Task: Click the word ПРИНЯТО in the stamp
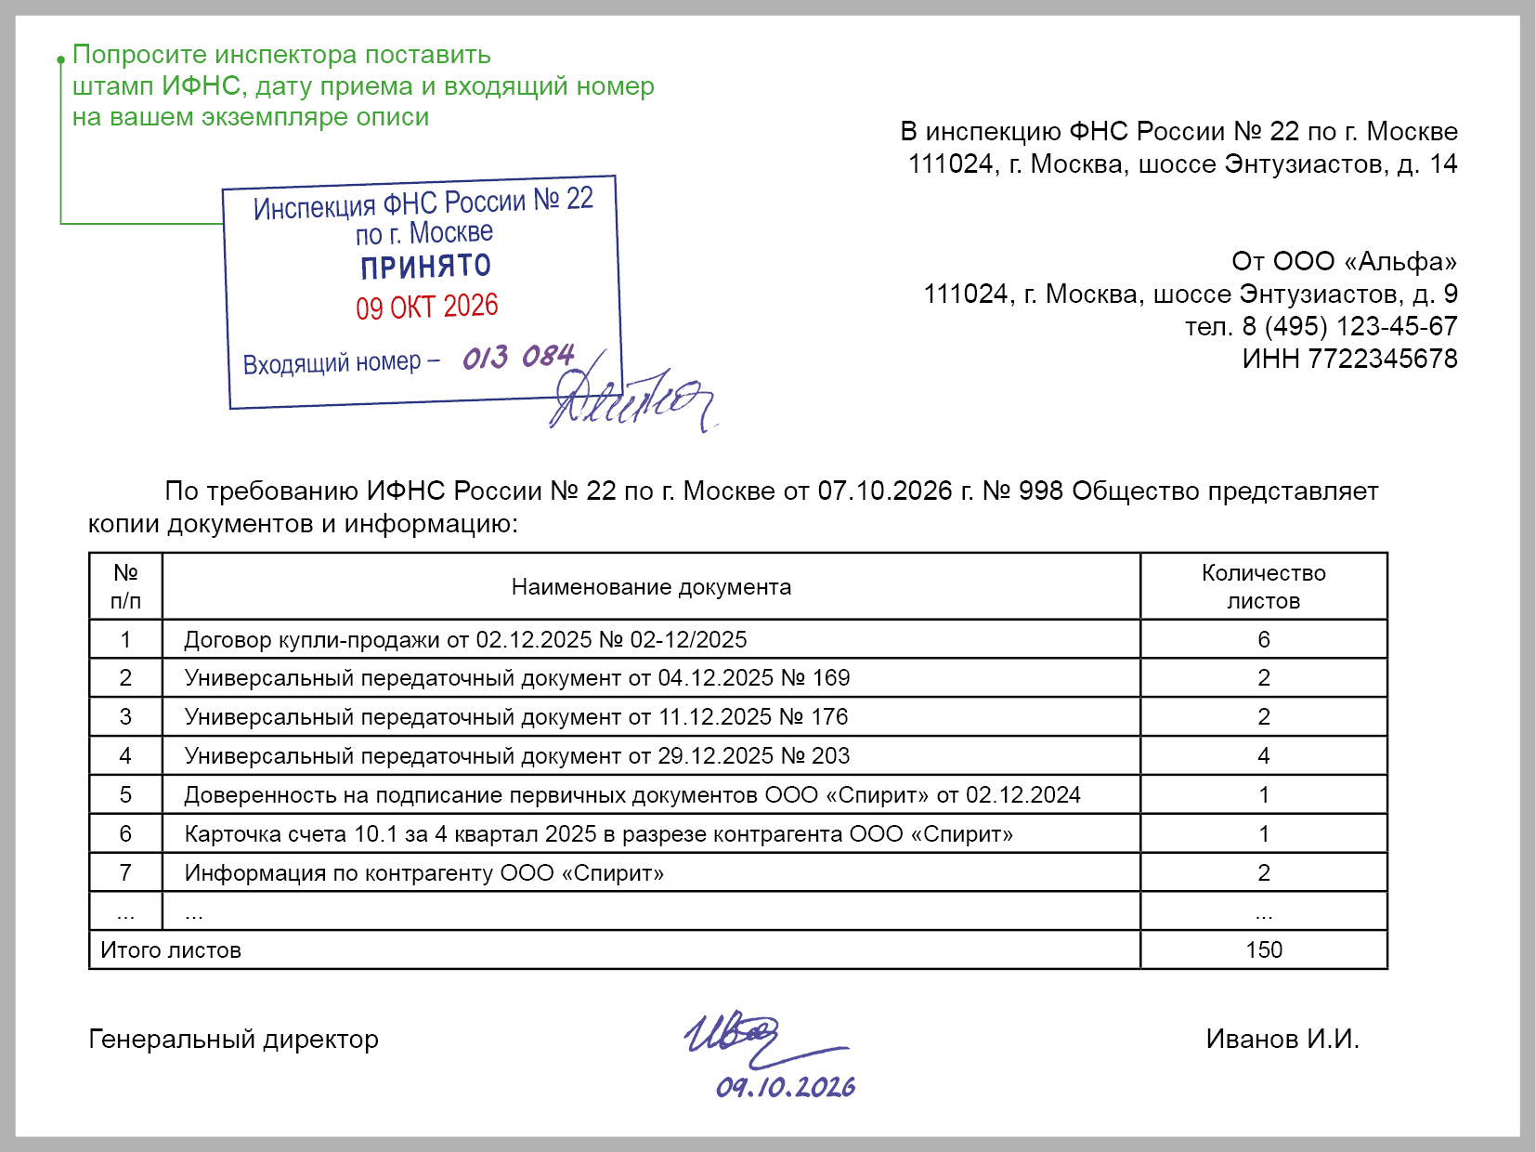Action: click(425, 268)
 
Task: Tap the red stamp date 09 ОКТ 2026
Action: click(427, 307)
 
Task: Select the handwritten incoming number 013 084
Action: click(518, 357)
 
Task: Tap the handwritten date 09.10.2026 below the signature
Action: click(786, 1087)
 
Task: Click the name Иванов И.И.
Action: click(1282, 1039)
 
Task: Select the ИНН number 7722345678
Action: click(1383, 359)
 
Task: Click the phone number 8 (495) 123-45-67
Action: click(1349, 326)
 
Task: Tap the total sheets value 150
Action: click(1264, 949)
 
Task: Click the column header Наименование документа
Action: click(651, 587)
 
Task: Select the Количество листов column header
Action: click(1264, 586)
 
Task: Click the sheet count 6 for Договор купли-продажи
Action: click(1264, 639)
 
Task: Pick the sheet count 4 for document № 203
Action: click(1264, 755)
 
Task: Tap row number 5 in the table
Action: click(125, 794)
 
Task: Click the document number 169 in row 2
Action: click(831, 678)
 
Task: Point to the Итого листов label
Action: click(171, 949)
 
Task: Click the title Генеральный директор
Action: click(233, 1039)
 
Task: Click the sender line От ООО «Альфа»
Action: click(1344, 261)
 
